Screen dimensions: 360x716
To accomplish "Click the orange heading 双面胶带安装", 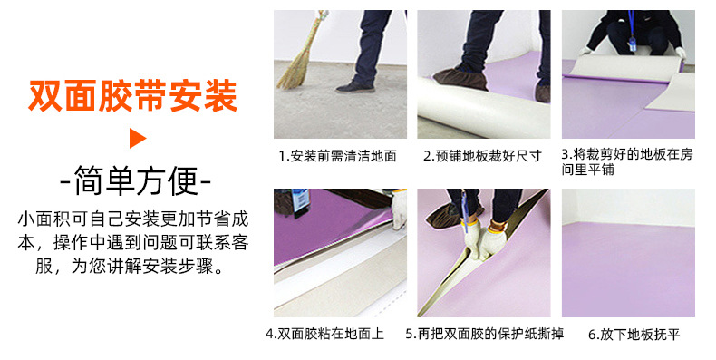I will pyautogui.click(x=133, y=94).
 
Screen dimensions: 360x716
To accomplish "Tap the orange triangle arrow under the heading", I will pyautogui.click(x=137, y=139).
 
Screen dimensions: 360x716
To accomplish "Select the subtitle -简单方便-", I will pyautogui.click(x=135, y=181).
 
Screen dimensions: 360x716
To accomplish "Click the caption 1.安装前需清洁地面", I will pyautogui.click(x=337, y=156).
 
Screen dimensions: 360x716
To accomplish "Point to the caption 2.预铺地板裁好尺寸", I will pyautogui.click(x=482, y=156).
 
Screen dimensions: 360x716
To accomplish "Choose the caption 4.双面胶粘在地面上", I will pyautogui.click(x=326, y=335).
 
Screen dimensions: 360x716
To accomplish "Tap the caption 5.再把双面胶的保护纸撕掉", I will pyautogui.click(x=484, y=335).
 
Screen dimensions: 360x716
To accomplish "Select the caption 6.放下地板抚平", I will pyautogui.click(x=634, y=335).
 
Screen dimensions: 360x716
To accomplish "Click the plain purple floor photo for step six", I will pyautogui.click(x=628, y=263).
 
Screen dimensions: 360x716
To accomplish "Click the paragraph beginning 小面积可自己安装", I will pyautogui.click(x=133, y=244).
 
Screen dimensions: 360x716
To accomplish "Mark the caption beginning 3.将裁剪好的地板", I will pyautogui.click(x=626, y=161).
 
